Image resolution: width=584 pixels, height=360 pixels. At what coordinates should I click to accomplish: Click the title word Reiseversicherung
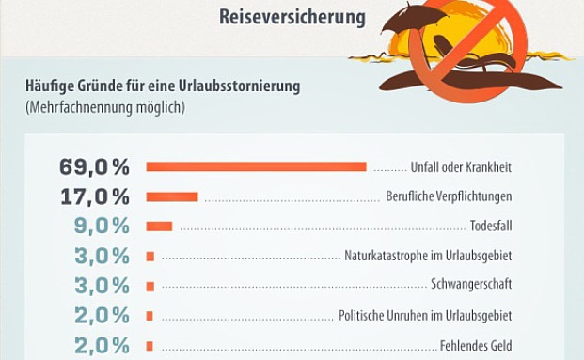coord(292,17)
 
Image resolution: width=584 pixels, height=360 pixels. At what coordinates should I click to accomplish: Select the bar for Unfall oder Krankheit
coord(256,167)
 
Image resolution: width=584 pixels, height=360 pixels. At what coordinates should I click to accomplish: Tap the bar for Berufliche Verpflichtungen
coord(172,196)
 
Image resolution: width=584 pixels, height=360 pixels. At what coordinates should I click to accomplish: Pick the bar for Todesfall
coord(159,227)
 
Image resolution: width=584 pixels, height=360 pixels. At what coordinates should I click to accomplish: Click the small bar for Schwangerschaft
coord(150,286)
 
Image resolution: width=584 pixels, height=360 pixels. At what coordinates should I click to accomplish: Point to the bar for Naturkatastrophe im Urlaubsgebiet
coord(150,256)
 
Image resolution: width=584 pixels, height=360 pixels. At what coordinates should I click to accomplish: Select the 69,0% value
coord(94,167)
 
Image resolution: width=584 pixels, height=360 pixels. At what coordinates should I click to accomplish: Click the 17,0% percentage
coord(94,196)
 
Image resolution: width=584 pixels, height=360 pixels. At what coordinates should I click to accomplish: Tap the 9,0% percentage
coord(102,227)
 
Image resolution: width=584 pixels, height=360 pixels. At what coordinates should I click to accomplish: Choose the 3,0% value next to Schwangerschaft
coord(102,286)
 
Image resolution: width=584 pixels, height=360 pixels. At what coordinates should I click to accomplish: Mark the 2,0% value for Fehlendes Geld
coord(102,345)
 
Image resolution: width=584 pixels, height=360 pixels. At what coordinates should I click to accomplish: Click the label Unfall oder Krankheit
coord(461,167)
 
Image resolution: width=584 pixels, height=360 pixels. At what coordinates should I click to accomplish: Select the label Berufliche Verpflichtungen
coord(449,197)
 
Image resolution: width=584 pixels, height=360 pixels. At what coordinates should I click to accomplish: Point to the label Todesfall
coord(491,227)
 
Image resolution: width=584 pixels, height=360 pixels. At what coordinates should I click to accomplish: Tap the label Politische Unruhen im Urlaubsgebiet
coord(425,316)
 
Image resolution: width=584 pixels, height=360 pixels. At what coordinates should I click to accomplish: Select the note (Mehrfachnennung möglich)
coord(104,107)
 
